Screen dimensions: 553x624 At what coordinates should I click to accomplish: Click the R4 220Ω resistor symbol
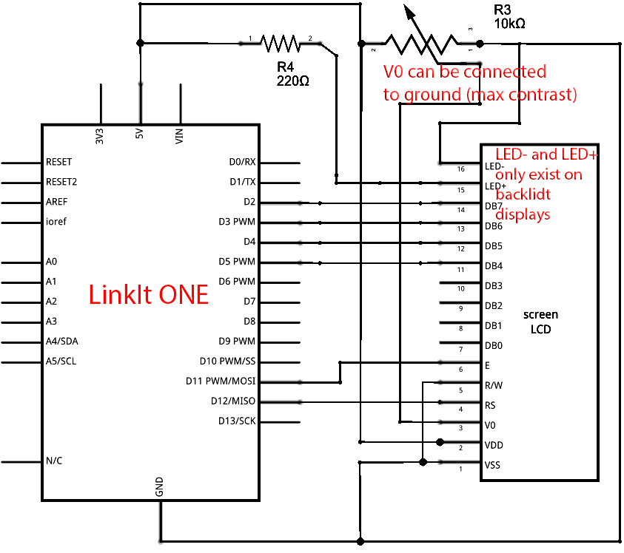click(x=280, y=44)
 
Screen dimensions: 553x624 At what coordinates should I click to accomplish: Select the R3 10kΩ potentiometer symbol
click(x=421, y=44)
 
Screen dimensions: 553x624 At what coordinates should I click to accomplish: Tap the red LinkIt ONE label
click(x=149, y=294)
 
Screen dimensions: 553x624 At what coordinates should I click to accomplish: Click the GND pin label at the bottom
click(x=159, y=486)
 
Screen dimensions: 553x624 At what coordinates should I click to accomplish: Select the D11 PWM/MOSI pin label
click(x=221, y=381)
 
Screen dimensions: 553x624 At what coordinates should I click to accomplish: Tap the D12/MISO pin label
click(x=232, y=401)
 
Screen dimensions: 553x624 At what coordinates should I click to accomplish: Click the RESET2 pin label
click(x=61, y=181)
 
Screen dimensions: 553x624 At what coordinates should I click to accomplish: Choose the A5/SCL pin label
click(x=61, y=362)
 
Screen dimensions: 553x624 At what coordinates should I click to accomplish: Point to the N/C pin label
click(x=54, y=461)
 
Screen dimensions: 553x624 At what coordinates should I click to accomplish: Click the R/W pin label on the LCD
click(x=493, y=385)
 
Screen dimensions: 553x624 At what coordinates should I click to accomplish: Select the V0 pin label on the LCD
click(x=490, y=425)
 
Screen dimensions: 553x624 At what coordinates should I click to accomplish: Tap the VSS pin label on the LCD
click(x=492, y=465)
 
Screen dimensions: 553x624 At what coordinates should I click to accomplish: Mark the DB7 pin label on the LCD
click(x=494, y=206)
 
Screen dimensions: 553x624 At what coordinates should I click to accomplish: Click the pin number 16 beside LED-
click(x=461, y=169)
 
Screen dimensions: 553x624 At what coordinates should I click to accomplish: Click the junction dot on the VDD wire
click(x=440, y=442)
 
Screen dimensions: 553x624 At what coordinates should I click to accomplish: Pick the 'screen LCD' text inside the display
click(x=541, y=322)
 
